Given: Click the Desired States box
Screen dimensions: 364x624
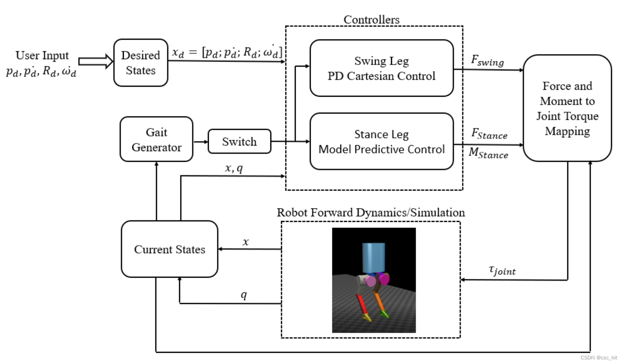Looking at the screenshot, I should [x=141, y=63].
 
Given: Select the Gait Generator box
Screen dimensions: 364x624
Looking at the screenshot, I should [x=156, y=139].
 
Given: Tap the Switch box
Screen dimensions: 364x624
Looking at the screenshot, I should [x=239, y=141].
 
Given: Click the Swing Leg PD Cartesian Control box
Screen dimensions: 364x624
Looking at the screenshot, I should [x=381, y=68].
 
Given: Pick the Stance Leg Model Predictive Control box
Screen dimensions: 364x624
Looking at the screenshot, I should [x=381, y=141].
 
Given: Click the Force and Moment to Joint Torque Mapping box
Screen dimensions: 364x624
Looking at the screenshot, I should [x=567, y=108].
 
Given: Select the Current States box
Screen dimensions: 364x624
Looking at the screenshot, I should [x=169, y=249].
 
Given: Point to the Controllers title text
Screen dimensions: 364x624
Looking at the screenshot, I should [x=371, y=20].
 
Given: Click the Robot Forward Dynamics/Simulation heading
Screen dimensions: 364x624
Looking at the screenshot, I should [x=371, y=213].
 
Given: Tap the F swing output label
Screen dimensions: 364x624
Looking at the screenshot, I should [x=487, y=61].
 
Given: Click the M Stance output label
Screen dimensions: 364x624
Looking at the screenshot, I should [x=488, y=153].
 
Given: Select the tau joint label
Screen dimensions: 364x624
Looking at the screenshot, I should [x=502, y=270].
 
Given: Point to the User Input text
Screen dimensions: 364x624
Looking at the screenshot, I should [x=42, y=55].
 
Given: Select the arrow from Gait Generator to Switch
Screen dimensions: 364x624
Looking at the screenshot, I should [x=200, y=142].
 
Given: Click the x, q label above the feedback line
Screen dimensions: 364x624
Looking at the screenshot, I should [x=234, y=168].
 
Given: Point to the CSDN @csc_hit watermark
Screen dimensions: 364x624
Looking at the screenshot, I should [x=599, y=358].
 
